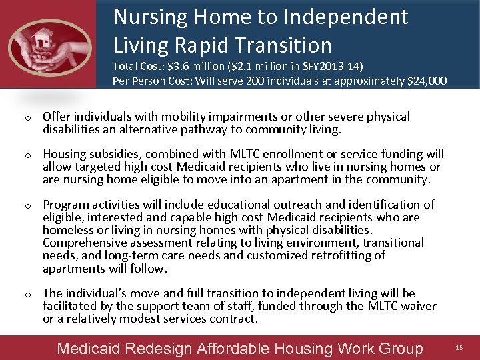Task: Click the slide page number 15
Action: pyautogui.click(x=459, y=348)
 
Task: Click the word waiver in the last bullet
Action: pyautogui.click(x=419, y=306)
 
